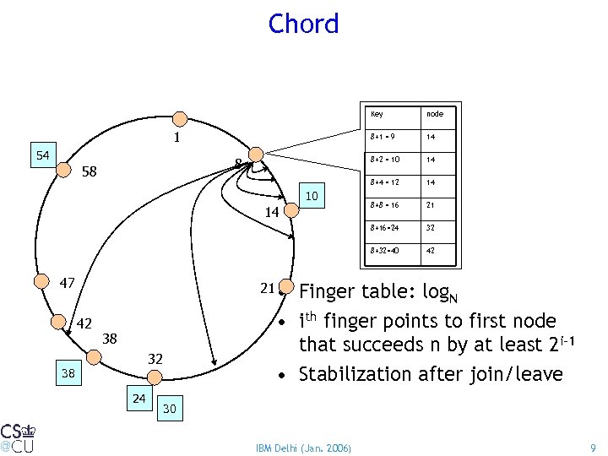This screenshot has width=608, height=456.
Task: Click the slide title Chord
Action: coord(303,24)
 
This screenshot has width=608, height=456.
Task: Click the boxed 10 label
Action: coord(312,197)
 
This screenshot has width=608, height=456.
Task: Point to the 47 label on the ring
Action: coord(68,283)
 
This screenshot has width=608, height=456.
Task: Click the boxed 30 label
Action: coord(169,408)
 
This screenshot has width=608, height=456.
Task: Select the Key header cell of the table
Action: coord(377,114)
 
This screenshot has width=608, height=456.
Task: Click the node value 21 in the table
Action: coord(432,205)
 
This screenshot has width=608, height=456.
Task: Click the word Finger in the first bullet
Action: coord(329,292)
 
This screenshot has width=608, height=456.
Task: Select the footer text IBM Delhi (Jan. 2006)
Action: coord(305,445)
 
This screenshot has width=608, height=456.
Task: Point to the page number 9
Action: coord(594,445)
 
